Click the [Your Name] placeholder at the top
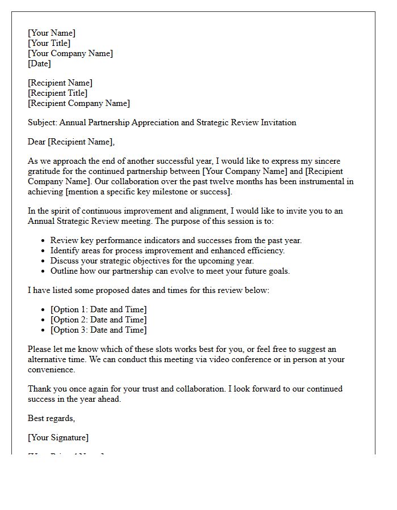tap(52, 33)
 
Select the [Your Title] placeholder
tap(49, 43)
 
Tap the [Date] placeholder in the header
tap(39, 63)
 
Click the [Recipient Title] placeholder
tap(58, 93)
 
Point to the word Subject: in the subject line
tap(43, 122)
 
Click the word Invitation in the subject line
tap(277, 122)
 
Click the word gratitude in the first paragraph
tap(47, 171)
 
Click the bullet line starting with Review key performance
tap(176, 240)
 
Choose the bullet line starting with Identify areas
tap(167, 250)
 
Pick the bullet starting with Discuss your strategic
tap(152, 261)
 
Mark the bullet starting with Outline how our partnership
tap(170, 271)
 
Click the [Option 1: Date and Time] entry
tap(98, 309)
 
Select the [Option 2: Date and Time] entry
tap(98, 320)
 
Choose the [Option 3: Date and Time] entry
tap(98, 330)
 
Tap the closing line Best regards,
tap(52, 418)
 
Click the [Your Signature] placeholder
tap(58, 437)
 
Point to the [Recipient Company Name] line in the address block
tap(79, 103)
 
